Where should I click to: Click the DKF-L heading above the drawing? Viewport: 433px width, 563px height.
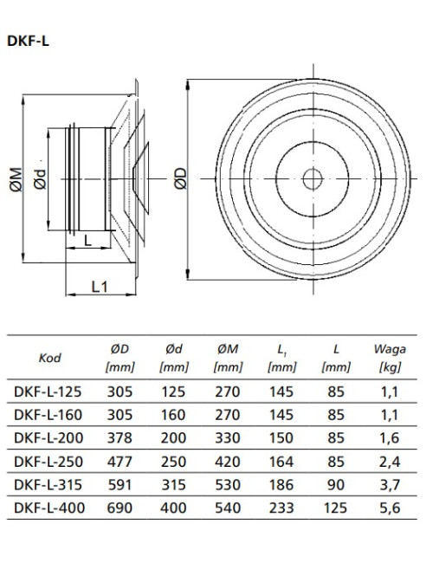pyautogui.click(x=28, y=42)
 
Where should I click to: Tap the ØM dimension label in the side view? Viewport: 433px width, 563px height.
pyautogui.click(x=16, y=179)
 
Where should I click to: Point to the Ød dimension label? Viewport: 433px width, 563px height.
pyautogui.click(x=40, y=178)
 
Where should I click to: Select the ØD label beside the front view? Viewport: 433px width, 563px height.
pyautogui.click(x=181, y=178)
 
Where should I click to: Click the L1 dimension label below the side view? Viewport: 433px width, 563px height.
pyautogui.click(x=100, y=287)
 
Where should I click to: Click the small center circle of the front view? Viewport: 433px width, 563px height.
pyautogui.click(x=313, y=178)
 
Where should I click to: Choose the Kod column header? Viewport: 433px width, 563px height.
pyautogui.click(x=49, y=358)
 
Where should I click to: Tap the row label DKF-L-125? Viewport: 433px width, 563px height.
pyautogui.click(x=48, y=392)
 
